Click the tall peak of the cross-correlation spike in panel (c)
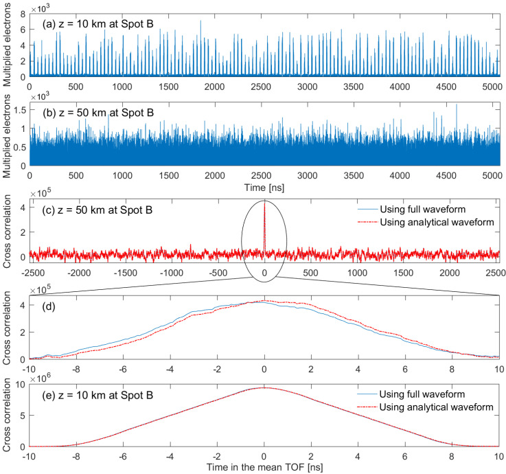pyautogui.click(x=264, y=203)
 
